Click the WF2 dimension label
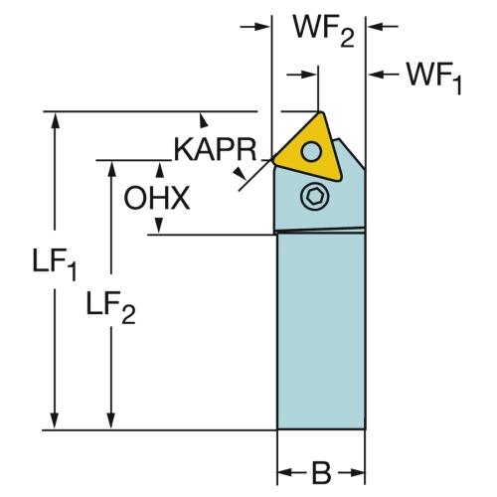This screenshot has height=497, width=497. [x=324, y=32]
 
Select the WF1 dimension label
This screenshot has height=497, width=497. [x=434, y=78]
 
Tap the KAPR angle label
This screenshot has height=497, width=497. [x=215, y=150]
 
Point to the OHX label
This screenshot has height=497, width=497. [x=157, y=198]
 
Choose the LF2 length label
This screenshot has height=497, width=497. [x=110, y=307]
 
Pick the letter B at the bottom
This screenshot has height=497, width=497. [x=321, y=473]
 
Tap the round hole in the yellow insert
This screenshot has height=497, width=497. [x=311, y=151]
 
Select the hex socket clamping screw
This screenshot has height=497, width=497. [x=313, y=197]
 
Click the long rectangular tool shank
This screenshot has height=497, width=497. [x=321, y=331]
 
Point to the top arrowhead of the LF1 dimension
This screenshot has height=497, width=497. [x=55, y=120]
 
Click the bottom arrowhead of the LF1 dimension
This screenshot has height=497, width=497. [x=55, y=420]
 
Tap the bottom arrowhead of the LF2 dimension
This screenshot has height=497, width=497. [x=111, y=420]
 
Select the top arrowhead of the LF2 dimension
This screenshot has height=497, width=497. [x=111, y=169]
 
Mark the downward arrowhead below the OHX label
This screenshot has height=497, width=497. [x=159, y=226]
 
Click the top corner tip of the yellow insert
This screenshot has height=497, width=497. [x=320, y=112]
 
